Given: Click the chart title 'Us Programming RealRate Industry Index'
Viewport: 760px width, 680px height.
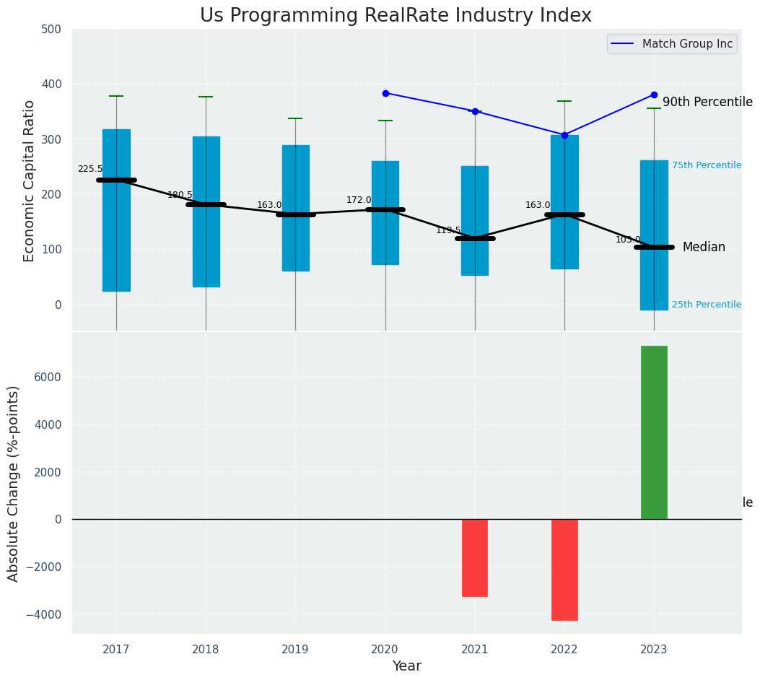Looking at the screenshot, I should [x=396, y=16].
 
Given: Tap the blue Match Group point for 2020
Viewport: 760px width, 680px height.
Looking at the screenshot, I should [x=385, y=93].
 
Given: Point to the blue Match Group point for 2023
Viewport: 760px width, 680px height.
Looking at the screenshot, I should [x=654, y=95].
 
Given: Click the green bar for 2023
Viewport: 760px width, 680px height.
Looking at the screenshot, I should [x=654, y=432].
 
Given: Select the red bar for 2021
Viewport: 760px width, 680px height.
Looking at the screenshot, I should [x=475, y=557].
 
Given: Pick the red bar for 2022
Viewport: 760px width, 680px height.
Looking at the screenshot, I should [x=564, y=570].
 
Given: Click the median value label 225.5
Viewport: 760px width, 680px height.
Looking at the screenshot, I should [x=90, y=169].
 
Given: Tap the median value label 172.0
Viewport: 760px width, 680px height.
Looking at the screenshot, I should [x=359, y=200].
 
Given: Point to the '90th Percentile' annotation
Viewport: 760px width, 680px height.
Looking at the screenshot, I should [x=707, y=103].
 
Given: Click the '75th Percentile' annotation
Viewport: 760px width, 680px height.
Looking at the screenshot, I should [x=706, y=165].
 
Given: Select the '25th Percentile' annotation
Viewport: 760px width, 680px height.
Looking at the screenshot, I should [x=706, y=305].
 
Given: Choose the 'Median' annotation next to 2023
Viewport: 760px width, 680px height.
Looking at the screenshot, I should [x=704, y=247].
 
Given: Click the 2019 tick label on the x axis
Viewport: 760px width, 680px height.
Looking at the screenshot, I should [x=295, y=650].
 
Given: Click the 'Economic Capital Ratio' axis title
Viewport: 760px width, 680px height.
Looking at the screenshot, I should [x=30, y=180].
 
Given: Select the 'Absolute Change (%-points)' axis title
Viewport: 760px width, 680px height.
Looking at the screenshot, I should [x=14, y=483].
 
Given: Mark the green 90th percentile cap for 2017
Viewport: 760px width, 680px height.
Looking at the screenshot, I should [x=116, y=96].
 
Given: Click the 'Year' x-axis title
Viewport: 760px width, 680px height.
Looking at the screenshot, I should [x=407, y=666].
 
